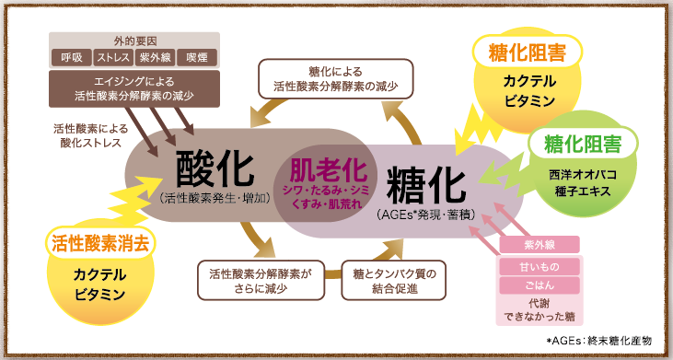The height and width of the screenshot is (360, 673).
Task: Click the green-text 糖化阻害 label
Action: [582, 144]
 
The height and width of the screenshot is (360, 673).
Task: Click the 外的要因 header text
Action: [133, 41]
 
